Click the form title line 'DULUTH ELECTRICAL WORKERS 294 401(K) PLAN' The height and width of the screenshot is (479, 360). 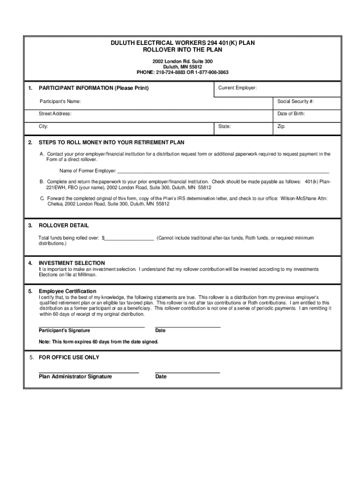coord(182,43)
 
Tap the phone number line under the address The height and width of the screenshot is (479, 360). coord(182,73)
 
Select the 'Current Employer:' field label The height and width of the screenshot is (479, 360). coord(237,88)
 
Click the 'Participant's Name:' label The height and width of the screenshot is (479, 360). coord(60,102)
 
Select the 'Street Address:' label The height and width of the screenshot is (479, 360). coord(55,114)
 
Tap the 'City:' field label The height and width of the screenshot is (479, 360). coord(43,127)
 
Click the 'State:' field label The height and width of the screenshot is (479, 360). coord(224,127)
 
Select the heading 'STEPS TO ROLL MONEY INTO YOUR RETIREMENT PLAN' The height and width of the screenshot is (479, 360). coord(111,142)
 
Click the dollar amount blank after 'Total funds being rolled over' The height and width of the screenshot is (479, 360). coord(130,239)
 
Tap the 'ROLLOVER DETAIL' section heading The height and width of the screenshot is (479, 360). coord(64,225)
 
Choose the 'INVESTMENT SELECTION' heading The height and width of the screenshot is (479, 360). coord(72,263)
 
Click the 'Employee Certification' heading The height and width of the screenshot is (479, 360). coord(67,291)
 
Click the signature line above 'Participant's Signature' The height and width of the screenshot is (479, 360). coord(92,326)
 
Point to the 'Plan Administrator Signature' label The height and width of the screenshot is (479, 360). coord(75,377)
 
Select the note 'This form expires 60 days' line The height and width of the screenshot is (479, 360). coord(99,342)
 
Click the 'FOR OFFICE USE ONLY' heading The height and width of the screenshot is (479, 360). coord(69,357)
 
